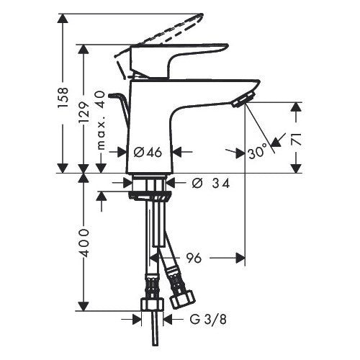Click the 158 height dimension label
pyautogui.click(x=63, y=98)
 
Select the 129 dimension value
pyautogui.click(x=84, y=112)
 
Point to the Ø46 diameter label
pyautogui.click(x=148, y=152)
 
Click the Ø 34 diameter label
pyautogui.click(x=211, y=184)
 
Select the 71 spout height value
pyautogui.click(x=297, y=139)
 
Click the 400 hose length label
pyautogui.click(x=84, y=243)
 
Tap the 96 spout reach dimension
pyautogui.click(x=194, y=258)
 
